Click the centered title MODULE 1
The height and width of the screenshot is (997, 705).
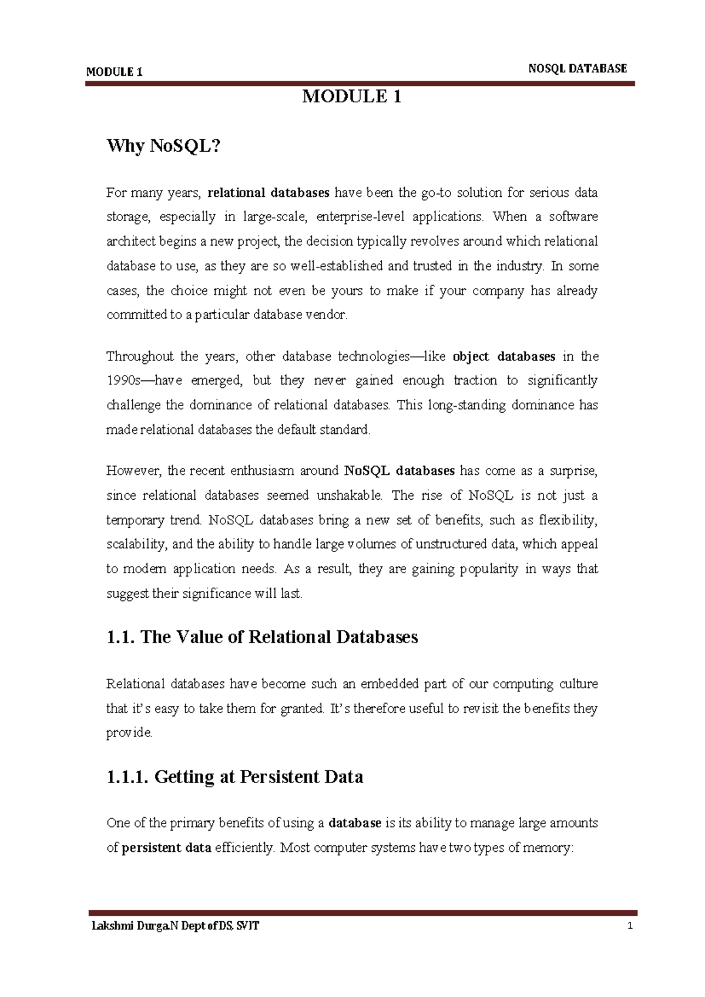pyautogui.click(x=351, y=97)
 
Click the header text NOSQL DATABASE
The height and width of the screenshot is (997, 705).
pyautogui.click(x=577, y=69)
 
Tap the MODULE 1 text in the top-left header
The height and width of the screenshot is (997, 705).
pyautogui.click(x=114, y=72)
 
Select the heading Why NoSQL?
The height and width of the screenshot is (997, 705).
pyautogui.click(x=163, y=146)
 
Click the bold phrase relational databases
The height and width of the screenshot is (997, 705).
pyautogui.click(x=268, y=193)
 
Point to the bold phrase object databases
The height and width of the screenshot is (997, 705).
pyautogui.click(x=504, y=356)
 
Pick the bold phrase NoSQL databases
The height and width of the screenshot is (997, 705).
pyautogui.click(x=399, y=471)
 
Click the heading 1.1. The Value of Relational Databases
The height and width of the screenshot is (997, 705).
pyautogui.click(x=262, y=637)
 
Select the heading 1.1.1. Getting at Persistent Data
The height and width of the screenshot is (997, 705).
pyautogui.click(x=234, y=777)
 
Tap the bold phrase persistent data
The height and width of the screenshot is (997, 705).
pyautogui.click(x=166, y=848)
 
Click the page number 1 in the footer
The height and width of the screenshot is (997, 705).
pyautogui.click(x=630, y=926)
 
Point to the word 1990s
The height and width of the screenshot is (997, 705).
pyautogui.click(x=123, y=381)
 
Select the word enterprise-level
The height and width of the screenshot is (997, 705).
pyautogui.click(x=360, y=217)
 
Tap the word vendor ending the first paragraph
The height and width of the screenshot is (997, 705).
pyautogui.click(x=327, y=315)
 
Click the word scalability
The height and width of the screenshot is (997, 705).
pyautogui.click(x=137, y=544)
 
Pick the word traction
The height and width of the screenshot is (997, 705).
pyautogui.click(x=475, y=381)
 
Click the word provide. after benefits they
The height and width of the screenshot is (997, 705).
pyautogui.click(x=129, y=733)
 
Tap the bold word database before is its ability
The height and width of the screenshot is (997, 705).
pyautogui.click(x=355, y=823)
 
